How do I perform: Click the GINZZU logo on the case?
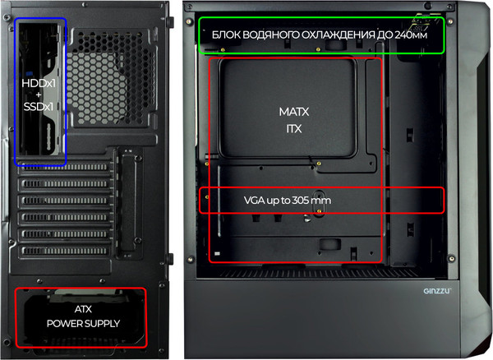point(437,291)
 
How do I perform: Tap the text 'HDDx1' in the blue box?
point(39,83)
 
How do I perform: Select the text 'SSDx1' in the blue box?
point(39,107)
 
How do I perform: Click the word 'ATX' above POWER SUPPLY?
point(83,309)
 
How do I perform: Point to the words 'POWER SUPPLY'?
point(83,324)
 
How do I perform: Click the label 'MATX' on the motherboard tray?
point(294,112)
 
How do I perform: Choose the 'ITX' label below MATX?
point(294,128)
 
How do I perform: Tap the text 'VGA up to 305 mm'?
point(288,201)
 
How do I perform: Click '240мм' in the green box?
point(411,35)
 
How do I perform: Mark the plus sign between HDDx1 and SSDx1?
point(39,95)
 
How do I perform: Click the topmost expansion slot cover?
point(65,167)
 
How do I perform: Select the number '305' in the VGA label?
point(300,201)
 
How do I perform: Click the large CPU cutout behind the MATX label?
point(288,108)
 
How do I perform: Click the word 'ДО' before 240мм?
point(385,35)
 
